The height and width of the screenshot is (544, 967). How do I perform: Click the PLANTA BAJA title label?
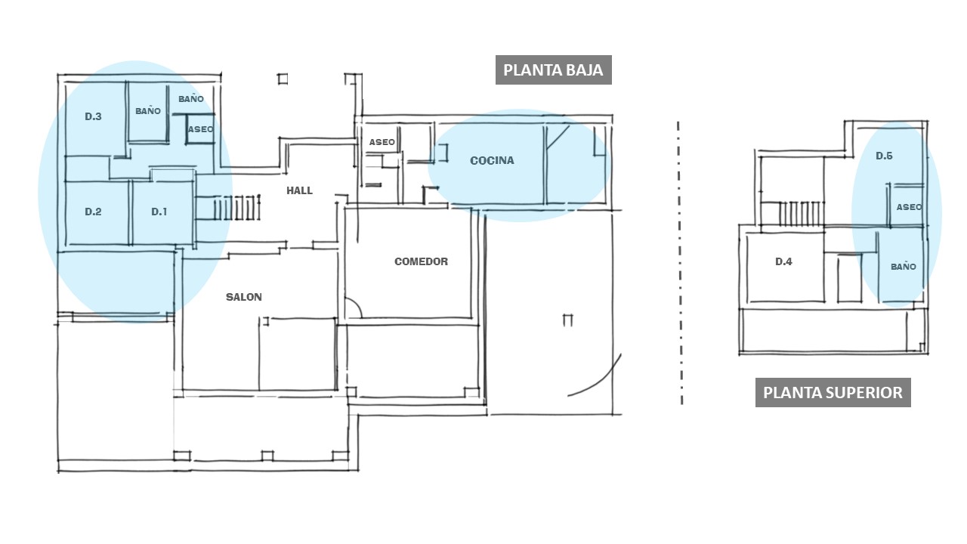[x=553, y=70]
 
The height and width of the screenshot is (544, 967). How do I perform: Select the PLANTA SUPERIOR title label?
[x=833, y=392]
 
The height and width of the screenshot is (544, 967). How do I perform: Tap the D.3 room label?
[x=93, y=116]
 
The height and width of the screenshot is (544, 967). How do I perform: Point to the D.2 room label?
[x=93, y=212]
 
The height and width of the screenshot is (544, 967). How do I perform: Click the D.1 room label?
[x=159, y=212]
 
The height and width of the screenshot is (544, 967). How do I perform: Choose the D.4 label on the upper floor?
[x=783, y=261]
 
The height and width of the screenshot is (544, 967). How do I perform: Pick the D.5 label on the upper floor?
[x=884, y=156]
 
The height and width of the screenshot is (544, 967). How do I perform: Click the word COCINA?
[x=492, y=161]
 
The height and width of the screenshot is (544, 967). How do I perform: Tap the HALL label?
[x=300, y=190]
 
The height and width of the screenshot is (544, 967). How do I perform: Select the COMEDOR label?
[x=422, y=261]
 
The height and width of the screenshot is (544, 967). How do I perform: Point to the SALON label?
[x=244, y=297]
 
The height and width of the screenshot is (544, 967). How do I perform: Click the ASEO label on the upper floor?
[x=909, y=207]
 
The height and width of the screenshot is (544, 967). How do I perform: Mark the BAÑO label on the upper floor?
[x=904, y=267]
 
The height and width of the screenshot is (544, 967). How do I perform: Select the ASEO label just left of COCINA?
[x=382, y=142]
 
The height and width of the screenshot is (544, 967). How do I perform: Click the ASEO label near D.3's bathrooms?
[x=201, y=129]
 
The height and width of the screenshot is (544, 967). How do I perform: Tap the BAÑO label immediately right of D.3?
[x=148, y=111]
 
